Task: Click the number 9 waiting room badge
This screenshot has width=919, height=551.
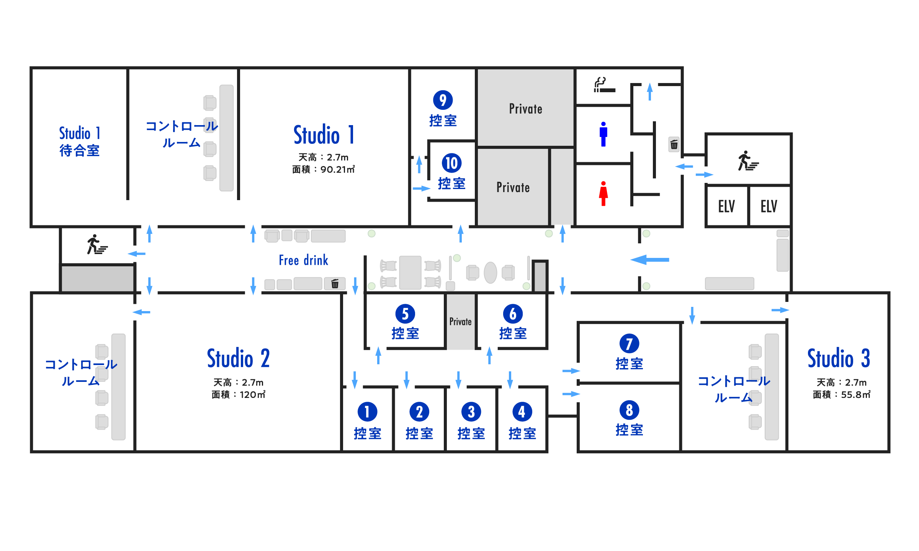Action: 443,100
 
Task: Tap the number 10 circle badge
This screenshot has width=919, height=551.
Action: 451,163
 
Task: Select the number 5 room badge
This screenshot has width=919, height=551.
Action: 405,314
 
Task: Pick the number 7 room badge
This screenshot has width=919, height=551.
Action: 629,344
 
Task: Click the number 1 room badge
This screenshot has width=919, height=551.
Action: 367,412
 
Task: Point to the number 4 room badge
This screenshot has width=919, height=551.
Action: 522,412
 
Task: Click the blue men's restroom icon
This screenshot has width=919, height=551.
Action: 603,134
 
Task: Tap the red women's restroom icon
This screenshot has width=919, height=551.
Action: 603,194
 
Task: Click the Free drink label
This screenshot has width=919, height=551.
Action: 303,260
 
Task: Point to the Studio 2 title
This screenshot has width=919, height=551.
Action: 238,359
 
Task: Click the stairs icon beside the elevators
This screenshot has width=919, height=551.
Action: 748,161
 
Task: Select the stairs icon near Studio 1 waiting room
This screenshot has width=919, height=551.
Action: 97,245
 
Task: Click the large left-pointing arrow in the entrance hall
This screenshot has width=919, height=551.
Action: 650,260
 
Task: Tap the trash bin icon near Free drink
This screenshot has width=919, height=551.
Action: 335,284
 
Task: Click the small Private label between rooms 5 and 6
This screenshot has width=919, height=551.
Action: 460,321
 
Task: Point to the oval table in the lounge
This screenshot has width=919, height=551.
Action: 490,272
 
